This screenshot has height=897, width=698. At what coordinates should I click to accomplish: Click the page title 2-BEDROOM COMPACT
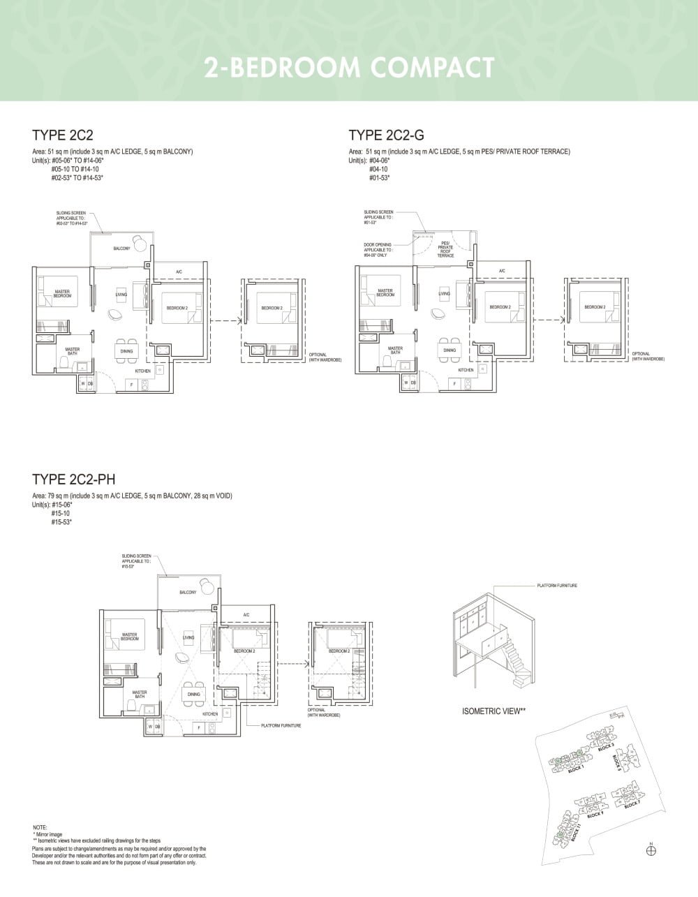[349, 68]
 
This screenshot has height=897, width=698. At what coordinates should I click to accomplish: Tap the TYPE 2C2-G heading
[386, 135]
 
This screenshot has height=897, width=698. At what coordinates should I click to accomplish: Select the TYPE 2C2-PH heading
[73, 479]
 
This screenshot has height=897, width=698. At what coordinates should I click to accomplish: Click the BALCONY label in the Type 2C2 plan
[121, 249]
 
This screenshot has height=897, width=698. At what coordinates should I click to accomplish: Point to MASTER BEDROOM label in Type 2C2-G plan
[385, 292]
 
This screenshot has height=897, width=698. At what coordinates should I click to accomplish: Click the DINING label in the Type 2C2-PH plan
[193, 695]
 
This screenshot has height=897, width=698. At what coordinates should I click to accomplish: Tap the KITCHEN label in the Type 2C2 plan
[142, 371]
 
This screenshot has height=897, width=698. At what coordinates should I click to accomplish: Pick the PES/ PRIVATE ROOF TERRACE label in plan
[445, 249]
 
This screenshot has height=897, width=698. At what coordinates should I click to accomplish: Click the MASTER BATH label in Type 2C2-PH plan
[140, 695]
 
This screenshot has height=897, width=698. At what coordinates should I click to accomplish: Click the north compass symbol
[651, 850]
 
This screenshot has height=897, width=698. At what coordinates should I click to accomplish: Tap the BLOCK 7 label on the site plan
[632, 803]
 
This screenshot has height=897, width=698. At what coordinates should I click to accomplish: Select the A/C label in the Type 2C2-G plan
[502, 271]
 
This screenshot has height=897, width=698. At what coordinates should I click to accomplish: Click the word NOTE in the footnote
[40, 827]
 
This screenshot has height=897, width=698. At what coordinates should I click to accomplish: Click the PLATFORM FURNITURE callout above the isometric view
[556, 586]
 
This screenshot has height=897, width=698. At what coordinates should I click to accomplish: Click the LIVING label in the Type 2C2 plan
[121, 295]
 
